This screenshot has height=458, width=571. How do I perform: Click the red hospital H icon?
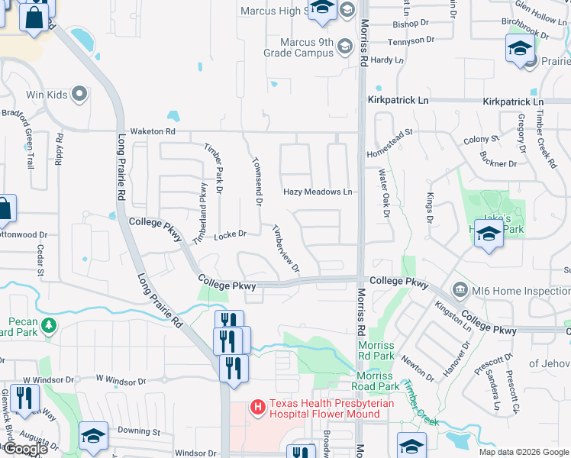pyautogui.click(x=258, y=408)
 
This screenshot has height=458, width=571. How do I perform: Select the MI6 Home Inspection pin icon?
pyautogui.click(x=460, y=289)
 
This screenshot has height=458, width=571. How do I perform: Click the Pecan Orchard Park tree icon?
pyautogui.click(x=50, y=326)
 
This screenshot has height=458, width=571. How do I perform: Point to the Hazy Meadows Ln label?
pyautogui.click(x=318, y=192)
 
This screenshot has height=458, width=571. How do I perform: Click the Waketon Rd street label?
pyautogui.click(x=153, y=131)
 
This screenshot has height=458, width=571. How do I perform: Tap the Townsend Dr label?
pyautogui.click(x=257, y=182)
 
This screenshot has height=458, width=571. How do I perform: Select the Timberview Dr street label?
pyautogui.click(x=285, y=250)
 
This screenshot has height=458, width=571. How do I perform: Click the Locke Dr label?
pyautogui.click(x=230, y=234)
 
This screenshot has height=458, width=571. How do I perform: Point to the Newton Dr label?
pyautogui.click(x=420, y=368)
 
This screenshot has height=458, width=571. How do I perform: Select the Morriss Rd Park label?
pyautogui.click(x=376, y=350)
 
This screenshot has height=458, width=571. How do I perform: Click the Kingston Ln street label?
pyautogui.click(x=453, y=314)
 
